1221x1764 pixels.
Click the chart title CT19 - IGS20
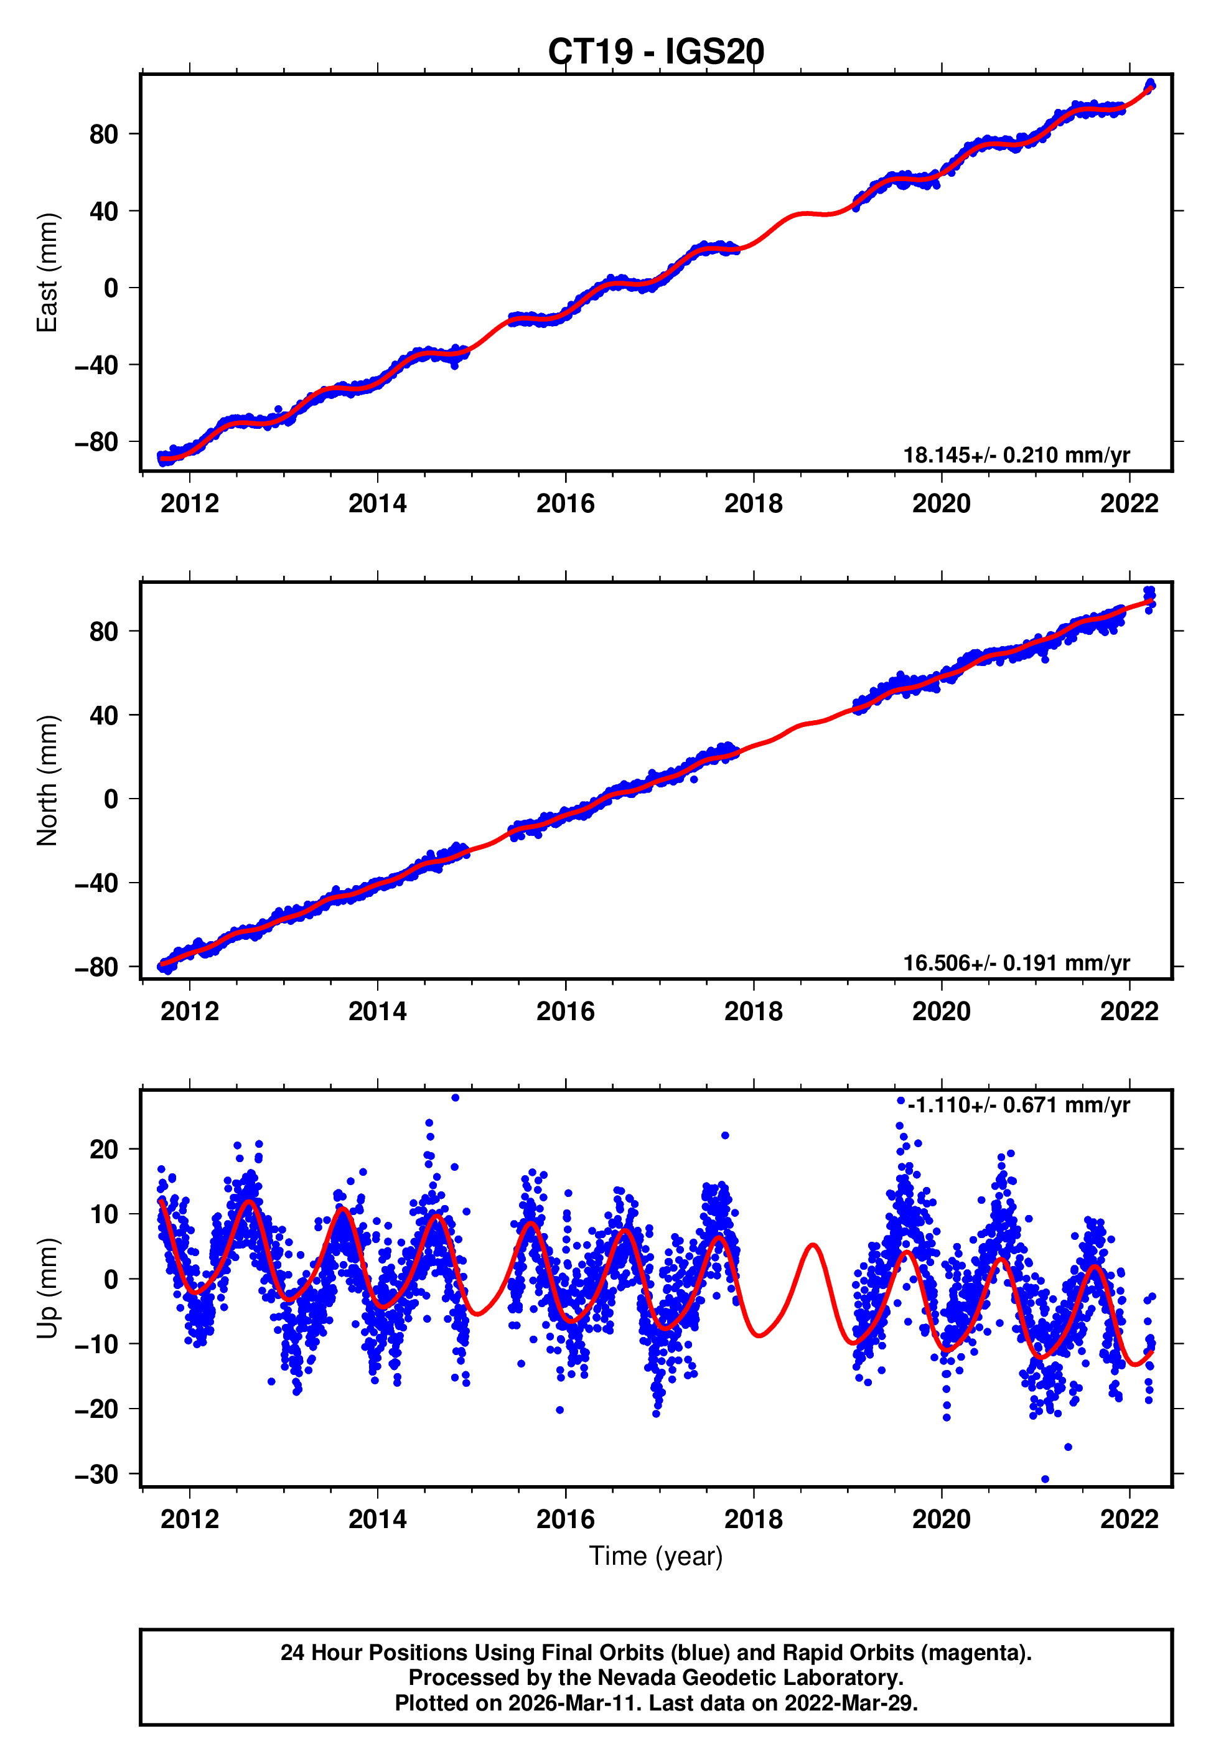[x=656, y=52]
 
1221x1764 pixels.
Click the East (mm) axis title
[x=47, y=273]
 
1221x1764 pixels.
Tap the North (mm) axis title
[x=47, y=781]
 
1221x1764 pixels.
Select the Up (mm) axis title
[x=47, y=1289]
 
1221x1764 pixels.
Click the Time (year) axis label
[x=656, y=1556]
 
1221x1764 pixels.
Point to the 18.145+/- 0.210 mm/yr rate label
[x=1016, y=455]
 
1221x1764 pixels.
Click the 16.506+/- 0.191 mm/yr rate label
[x=1016, y=963]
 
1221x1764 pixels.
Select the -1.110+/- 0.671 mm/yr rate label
[x=1018, y=1105]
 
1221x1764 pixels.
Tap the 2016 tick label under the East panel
[x=565, y=504]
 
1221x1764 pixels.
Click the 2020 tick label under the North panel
[x=941, y=1012]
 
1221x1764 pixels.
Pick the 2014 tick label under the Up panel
[x=377, y=1519]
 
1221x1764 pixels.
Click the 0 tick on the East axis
[x=111, y=288]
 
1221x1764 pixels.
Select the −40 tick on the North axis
[x=96, y=883]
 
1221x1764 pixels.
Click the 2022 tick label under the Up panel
[x=1129, y=1519]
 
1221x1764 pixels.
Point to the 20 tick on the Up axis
[x=104, y=1150]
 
